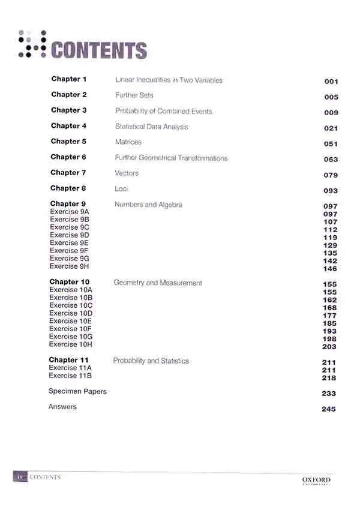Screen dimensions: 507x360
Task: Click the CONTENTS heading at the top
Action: tap(99, 50)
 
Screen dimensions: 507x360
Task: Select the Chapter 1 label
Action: tap(69, 79)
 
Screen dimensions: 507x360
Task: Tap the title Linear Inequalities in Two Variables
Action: tap(169, 80)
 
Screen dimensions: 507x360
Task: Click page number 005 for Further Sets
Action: tap(331, 97)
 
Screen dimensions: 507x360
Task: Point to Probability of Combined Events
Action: tap(163, 111)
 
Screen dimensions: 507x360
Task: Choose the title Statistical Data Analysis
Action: tap(151, 127)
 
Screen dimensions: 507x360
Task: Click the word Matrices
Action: tap(128, 142)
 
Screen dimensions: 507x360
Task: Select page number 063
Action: tap(331, 160)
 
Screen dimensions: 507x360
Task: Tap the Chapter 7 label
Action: tap(68, 173)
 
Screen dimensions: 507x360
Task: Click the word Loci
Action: tap(121, 188)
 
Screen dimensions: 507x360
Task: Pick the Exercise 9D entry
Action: tap(70, 235)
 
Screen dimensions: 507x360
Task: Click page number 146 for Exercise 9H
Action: tap(331, 269)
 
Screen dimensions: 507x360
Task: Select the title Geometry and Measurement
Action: tap(158, 283)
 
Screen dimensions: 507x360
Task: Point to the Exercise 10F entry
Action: tap(71, 329)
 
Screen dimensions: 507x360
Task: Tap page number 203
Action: tap(329, 347)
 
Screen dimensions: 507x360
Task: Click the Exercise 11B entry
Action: tap(70, 376)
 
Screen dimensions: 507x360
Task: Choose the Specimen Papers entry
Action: tap(77, 391)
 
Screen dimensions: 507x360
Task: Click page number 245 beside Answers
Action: tap(329, 409)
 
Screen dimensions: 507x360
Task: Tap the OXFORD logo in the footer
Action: tap(316, 480)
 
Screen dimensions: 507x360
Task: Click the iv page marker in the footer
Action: tap(20, 477)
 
